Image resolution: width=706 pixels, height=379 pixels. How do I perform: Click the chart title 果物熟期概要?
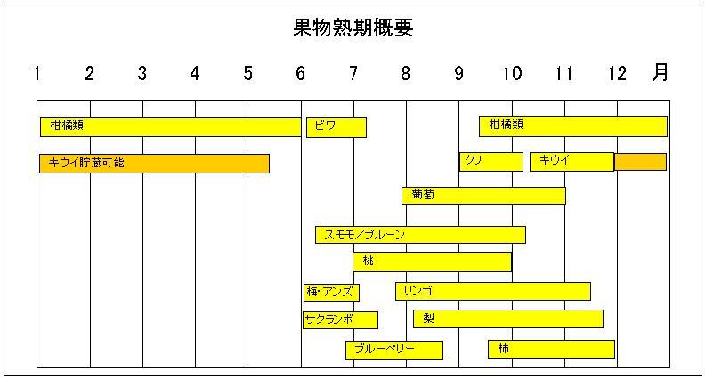[353, 28]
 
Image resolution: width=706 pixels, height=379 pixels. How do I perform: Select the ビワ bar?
[337, 127]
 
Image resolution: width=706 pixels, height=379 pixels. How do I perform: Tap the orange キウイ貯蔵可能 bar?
[154, 164]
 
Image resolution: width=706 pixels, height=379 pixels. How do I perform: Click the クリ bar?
[491, 162]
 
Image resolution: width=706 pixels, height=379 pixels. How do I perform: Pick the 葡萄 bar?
[483, 196]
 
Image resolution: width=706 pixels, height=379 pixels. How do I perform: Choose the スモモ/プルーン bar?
[420, 235]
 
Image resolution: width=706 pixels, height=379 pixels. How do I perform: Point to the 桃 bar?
[433, 262]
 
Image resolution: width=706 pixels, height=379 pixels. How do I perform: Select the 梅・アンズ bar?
[331, 293]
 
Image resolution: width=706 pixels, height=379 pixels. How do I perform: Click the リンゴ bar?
[493, 291]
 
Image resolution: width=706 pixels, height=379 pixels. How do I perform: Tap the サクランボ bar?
[340, 320]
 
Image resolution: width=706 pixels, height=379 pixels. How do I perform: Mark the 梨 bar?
[508, 319]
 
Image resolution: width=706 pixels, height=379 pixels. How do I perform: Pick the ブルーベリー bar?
[394, 351]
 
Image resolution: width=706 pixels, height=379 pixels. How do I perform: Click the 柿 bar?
[552, 350]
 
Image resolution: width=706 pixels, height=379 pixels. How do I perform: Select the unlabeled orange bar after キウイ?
[641, 162]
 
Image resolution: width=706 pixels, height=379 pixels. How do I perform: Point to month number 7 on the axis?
[353, 73]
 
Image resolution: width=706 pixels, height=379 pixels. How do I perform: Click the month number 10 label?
[512, 73]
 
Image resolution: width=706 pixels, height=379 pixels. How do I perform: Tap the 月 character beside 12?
[661, 72]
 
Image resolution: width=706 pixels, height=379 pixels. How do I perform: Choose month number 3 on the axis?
[142, 73]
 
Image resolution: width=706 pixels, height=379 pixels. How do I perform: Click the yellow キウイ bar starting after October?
[572, 162]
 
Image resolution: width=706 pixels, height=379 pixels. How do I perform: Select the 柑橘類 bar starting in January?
[171, 127]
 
